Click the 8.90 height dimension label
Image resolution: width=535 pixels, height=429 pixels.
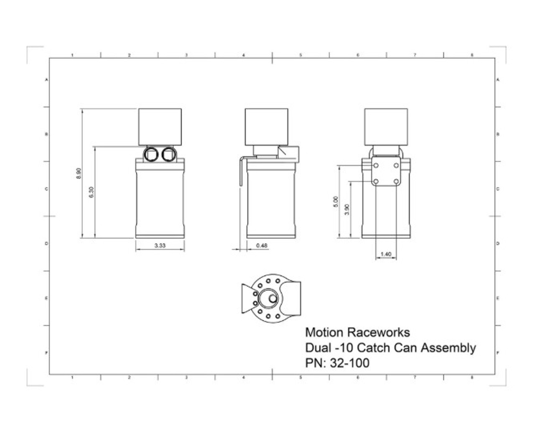pyautogui.click(x=79, y=174)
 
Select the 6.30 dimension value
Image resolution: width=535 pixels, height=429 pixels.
pyautogui.click(x=92, y=192)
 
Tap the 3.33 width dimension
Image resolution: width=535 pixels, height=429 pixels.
pyautogui.click(x=160, y=245)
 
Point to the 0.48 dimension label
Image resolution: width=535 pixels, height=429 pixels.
pyautogui.click(x=262, y=245)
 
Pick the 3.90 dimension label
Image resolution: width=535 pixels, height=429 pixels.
pyautogui.click(x=346, y=209)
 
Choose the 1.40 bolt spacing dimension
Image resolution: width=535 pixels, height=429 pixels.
pyautogui.click(x=386, y=254)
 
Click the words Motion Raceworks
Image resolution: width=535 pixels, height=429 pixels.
pyautogui.click(x=357, y=332)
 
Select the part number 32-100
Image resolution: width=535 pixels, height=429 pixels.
pyautogui.click(x=349, y=363)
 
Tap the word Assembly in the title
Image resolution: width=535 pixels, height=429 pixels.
pyautogui.click(x=448, y=347)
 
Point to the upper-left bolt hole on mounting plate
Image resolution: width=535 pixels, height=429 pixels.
pyautogui.click(x=376, y=165)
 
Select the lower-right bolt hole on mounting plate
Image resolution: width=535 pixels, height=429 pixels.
pyautogui.click(x=395, y=181)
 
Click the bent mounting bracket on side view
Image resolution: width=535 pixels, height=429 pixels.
pyautogui.click(x=242, y=171)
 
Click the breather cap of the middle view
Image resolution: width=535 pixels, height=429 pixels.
pyautogui.click(x=266, y=127)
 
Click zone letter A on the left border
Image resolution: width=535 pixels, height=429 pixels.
pyautogui.click(x=46, y=79)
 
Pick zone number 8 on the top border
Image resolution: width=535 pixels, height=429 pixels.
pyautogui.click(x=472, y=55)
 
